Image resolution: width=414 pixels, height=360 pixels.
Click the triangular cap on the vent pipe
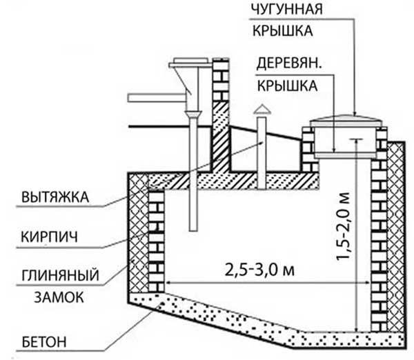(262, 110)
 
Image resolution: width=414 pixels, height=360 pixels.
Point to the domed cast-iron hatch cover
(345, 123)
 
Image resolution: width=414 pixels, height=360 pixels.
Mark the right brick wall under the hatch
(379, 228)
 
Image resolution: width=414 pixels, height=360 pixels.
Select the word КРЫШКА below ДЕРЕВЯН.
(287, 86)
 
